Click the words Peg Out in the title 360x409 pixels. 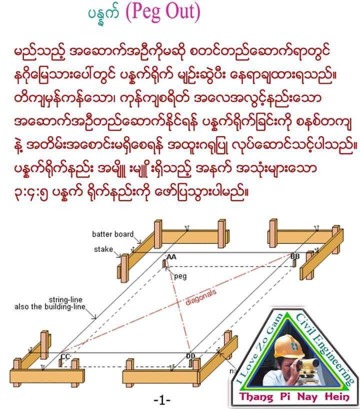(x=165, y=13)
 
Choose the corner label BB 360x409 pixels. (x=295, y=256)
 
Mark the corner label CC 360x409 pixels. (x=65, y=356)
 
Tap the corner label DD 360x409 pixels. (x=191, y=355)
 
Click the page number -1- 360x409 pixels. (x=162, y=400)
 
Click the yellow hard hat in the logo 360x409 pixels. (x=286, y=344)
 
